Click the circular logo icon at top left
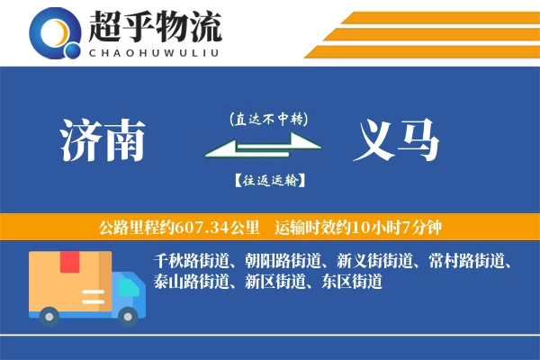click(x=55, y=32)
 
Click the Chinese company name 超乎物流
click(x=154, y=26)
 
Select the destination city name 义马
click(x=398, y=140)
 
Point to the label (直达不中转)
click(x=269, y=119)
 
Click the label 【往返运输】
click(x=269, y=181)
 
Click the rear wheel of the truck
click(x=49, y=314)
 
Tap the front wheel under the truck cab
click(x=129, y=314)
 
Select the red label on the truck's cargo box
click(x=70, y=263)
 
